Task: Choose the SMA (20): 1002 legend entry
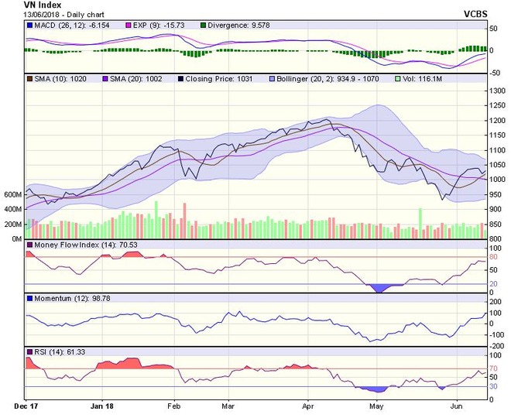(x=137, y=79)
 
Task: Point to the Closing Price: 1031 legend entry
(x=218, y=79)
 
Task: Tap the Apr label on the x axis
(x=308, y=405)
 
